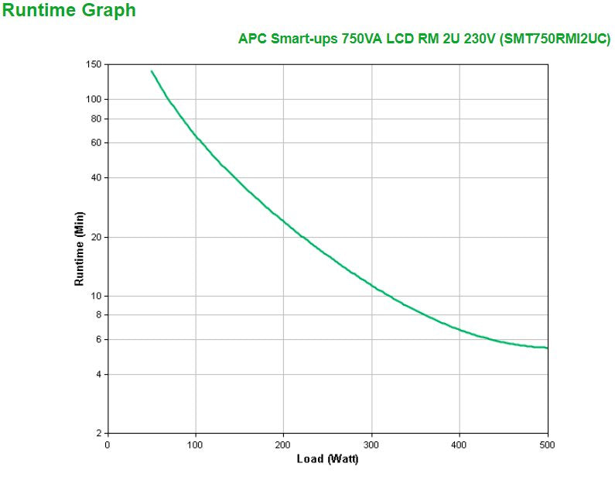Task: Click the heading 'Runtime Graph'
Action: (x=69, y=11)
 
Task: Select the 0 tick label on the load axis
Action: (x=108, y=444)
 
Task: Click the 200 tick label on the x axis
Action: (x=283, y=444)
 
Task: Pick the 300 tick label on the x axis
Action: (x=371, y=444)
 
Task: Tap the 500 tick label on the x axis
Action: (x=547, y=444)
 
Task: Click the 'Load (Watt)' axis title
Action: (x=327, y=459)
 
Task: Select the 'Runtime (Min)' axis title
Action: (x=79, y=248)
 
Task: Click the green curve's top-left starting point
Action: (x=152, y=71)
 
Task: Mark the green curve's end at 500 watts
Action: (x=547, y=348)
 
